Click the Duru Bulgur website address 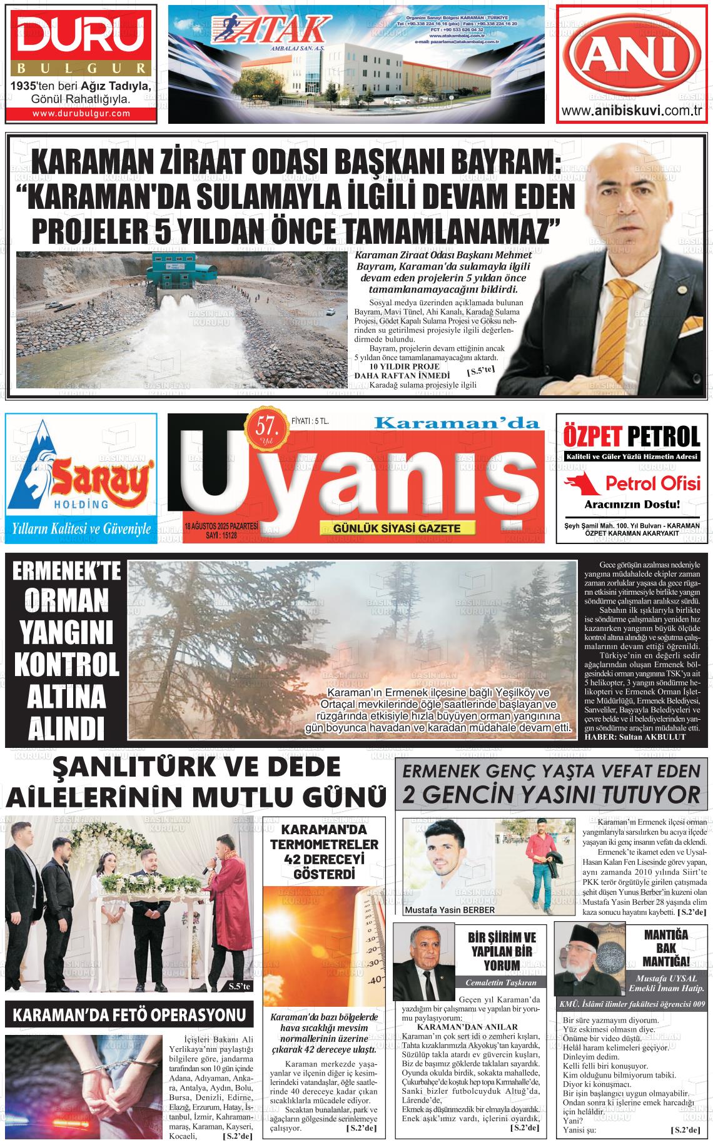(81, 113)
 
